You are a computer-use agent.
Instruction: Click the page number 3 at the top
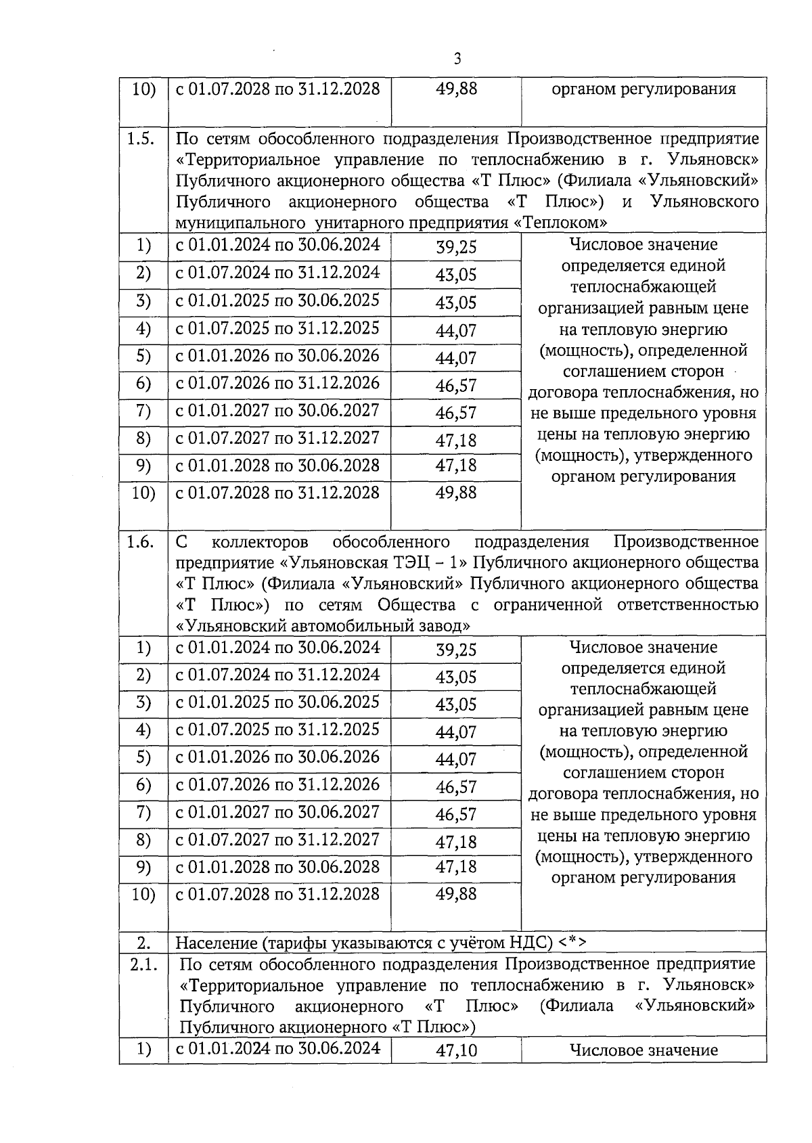coord(457,59)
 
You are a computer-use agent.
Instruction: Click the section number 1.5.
coord(143,139)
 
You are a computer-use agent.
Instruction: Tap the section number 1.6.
coord(143,542)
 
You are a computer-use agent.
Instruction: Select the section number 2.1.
coord(143,964)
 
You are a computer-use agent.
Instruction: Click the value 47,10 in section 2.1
coord(456,1050)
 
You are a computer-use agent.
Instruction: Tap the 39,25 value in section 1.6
coord(456,650)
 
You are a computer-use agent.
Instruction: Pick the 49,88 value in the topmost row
coord(456,89)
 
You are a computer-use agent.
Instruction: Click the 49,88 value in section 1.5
coord(456,493)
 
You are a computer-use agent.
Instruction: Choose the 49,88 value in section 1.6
coord(456,894)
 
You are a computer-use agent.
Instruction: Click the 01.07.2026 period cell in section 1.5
coord(277,383)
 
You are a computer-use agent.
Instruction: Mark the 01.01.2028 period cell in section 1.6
coord(277,867)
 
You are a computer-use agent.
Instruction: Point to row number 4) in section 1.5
coord(143,329)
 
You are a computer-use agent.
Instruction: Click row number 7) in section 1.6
coord(143,812)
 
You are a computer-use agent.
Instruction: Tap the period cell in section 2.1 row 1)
coord(277,1048)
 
